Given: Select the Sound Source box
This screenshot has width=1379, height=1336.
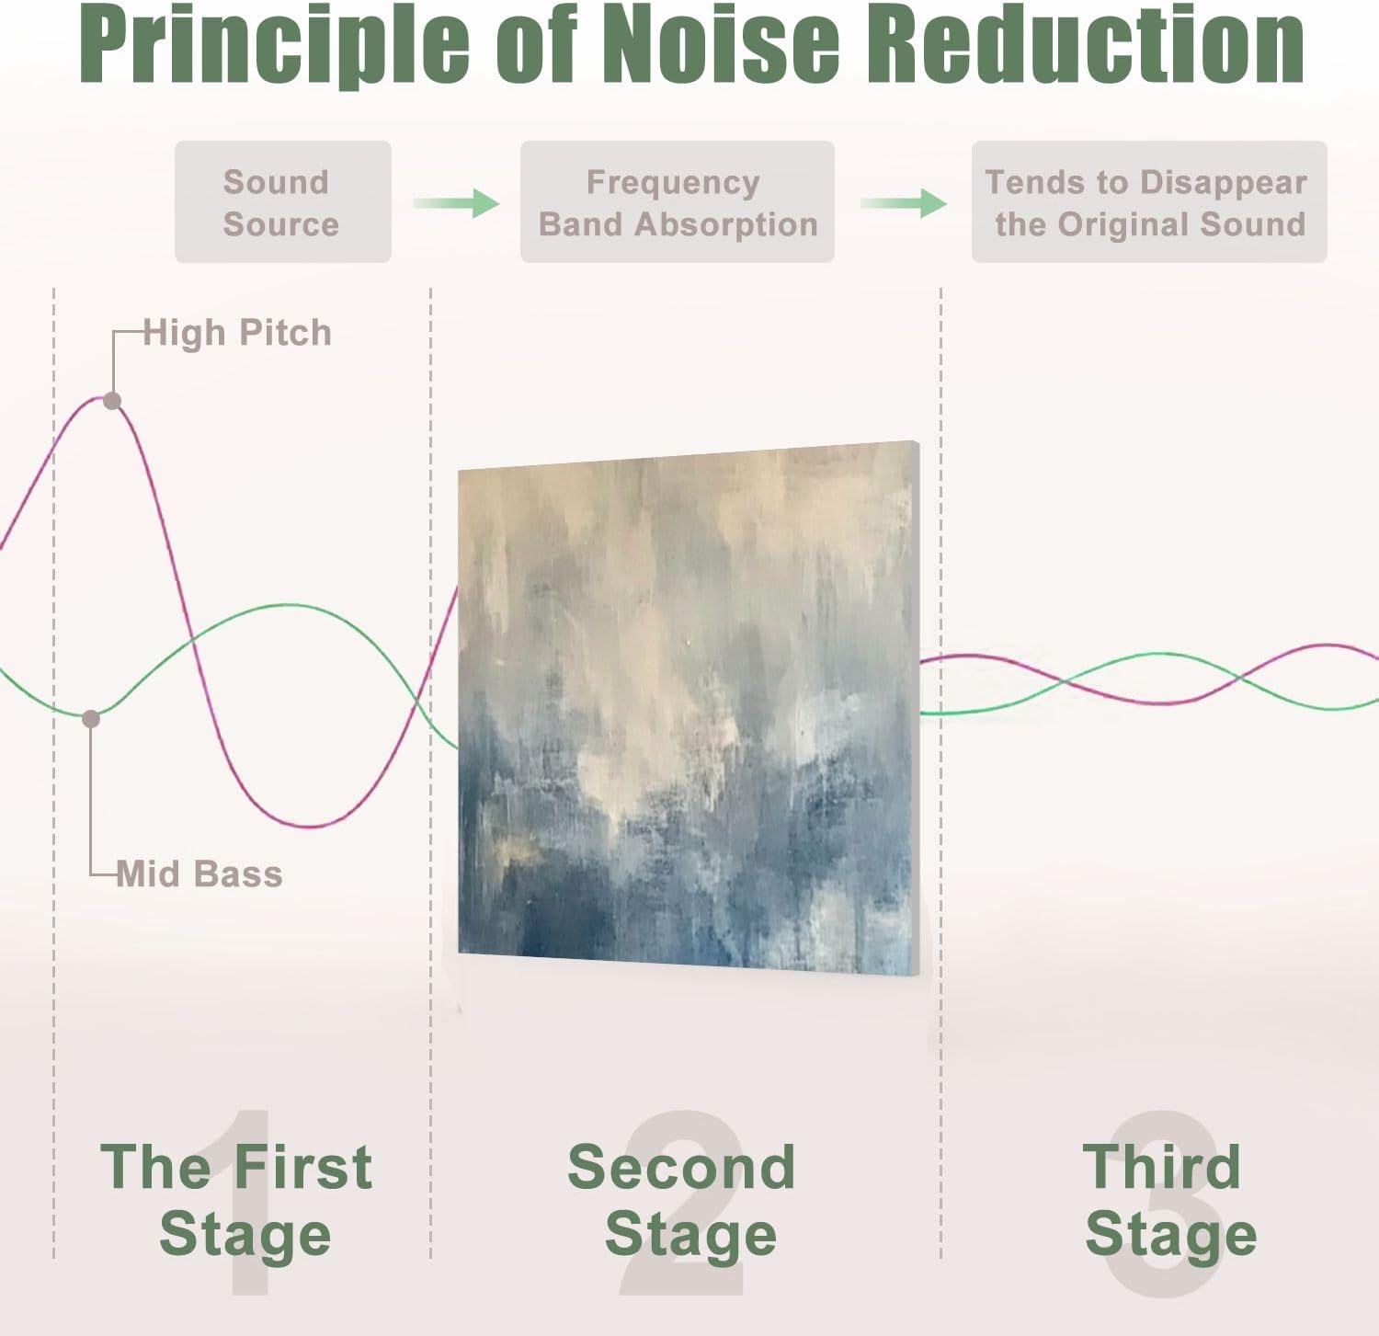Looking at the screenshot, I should pyautogui.click(x=282, y=202).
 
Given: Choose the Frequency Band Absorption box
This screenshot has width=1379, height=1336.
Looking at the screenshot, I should pyautogui.click(x=677, y=202).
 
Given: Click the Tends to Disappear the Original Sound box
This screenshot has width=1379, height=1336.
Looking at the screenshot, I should pyautogui.click(x=1148, y=202).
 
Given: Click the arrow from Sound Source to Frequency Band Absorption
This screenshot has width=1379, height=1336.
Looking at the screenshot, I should pyautogui.click(x=456, y=202).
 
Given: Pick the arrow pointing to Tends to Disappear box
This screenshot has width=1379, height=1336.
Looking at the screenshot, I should pyautogui.click(x=904, y=202).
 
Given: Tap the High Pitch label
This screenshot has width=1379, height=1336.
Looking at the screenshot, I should pyautogui.click(x=237, y=333).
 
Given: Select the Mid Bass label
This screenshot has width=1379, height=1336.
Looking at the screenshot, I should pyautogui.click(x=199, y=874).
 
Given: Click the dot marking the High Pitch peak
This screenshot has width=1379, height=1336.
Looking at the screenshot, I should pyautogui.click(x=112, y=401).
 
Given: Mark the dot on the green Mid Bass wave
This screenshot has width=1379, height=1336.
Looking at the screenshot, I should pyautogui.click(x=91, y=719).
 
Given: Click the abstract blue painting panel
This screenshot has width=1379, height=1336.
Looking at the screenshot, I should pyautogui.click(x=688, y=708).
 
